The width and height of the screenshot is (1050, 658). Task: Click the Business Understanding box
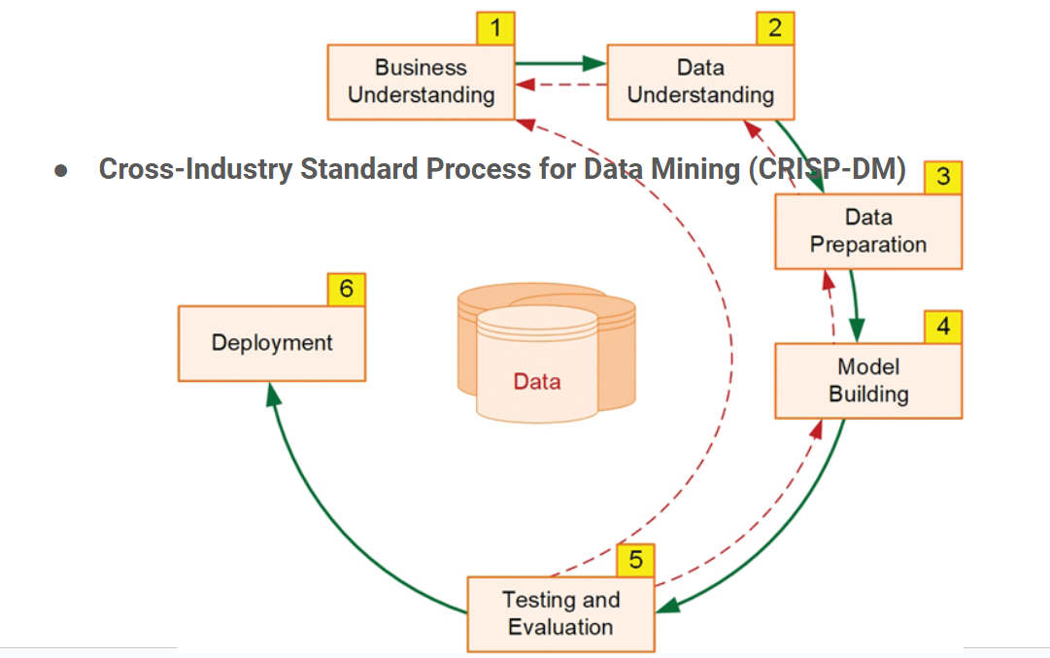coord(421,82)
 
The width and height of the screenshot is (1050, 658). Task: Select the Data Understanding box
coord(700,82)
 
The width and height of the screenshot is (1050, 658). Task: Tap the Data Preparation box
coord(867,231)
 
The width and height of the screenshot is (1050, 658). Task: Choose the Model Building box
coord(867,380)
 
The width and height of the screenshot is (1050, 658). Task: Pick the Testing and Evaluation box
coord(560,613)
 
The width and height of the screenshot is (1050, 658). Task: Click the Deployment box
coord(271,343)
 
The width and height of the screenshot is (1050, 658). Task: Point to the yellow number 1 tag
coord(495,28)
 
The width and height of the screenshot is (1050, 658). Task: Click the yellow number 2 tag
coord(774,28)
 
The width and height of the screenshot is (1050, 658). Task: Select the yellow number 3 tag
coord(942,177)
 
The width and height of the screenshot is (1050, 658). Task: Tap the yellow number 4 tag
coord(942,326)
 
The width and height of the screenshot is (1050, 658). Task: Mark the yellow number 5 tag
coord(635,560)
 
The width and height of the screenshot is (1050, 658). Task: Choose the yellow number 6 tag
coord(347,289)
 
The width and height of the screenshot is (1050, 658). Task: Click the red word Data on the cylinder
coord(537,381)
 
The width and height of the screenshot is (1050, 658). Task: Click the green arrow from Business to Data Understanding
coord(560,64)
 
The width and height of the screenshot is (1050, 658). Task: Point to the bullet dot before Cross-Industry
coord(61,170)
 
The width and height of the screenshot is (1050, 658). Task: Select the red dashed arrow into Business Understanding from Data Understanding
coord(560,86)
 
